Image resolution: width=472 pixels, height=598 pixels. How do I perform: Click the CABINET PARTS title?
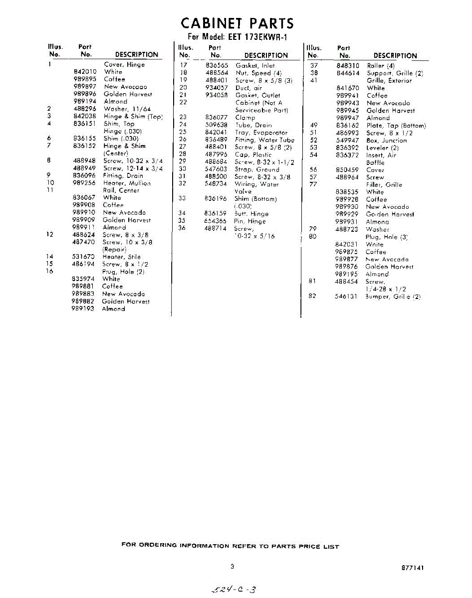[237, 23]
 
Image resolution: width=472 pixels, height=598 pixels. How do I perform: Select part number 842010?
[85, 72]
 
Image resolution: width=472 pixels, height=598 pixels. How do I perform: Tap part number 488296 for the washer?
[85, 109]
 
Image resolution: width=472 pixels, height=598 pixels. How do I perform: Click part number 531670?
[84, 257]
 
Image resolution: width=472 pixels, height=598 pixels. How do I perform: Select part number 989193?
[83, 309]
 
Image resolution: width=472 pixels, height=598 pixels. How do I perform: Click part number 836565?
[217, 65]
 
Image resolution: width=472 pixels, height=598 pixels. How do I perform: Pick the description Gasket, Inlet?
[255, 65]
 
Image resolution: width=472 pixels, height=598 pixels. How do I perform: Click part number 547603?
[216, 169]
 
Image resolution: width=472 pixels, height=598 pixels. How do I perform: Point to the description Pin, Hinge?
[250, 221]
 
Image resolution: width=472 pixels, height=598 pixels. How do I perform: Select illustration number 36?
[182, 228]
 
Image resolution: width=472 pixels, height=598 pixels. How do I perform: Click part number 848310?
[348, 66]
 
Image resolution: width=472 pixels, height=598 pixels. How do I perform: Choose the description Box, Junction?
[386, 141]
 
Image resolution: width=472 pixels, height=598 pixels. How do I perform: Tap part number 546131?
[346, 297]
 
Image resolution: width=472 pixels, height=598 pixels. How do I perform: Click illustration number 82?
[313, 297]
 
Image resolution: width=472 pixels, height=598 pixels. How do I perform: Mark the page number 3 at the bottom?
[233, 567]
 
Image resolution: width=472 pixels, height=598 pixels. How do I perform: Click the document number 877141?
[413, 568]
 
